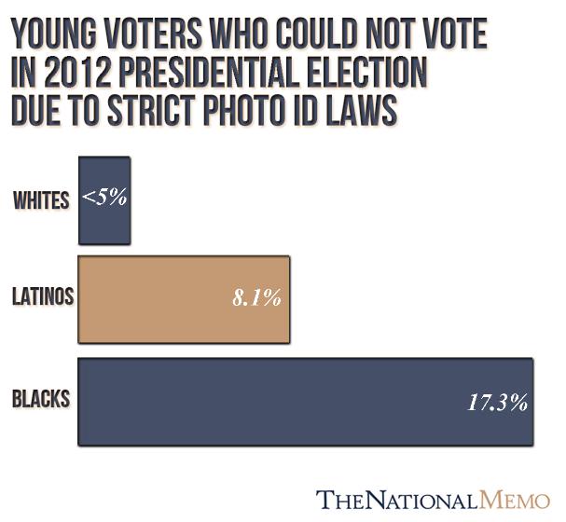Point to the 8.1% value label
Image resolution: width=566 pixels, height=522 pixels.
pyautogui.click(x=255, y=299)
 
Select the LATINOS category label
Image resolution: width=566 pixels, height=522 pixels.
pyautogui.click(x=42, y=298)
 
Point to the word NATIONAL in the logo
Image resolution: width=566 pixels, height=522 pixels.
pyautogui.click(x=423, y=499)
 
